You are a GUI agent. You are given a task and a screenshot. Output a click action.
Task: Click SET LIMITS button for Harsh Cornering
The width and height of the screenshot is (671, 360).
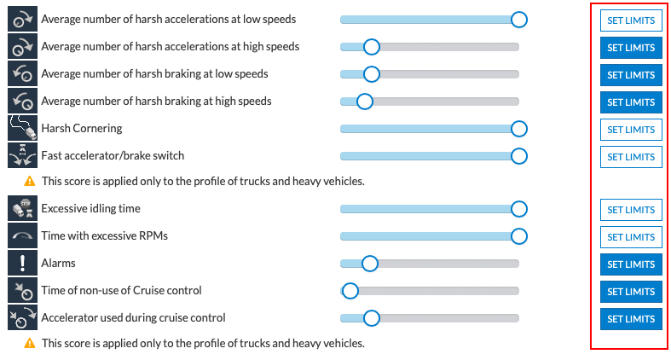click(x=631, y=130)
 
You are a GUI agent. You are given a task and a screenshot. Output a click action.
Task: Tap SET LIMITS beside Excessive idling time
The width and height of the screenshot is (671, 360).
click(x=631, y=209)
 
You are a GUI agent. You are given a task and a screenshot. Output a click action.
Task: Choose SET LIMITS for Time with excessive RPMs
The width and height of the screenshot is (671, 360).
click(x=631, y=236)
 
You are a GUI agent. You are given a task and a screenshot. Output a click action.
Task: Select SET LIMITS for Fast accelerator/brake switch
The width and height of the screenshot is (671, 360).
click(x=631, y=157)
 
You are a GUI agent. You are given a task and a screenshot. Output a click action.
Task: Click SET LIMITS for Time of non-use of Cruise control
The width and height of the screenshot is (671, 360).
click(x=631, y=291)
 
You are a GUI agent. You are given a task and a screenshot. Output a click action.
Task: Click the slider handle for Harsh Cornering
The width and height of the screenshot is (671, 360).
click(x=518, y=129)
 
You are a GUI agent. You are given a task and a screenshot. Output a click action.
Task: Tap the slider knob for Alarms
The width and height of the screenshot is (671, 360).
click(x=369, y=264)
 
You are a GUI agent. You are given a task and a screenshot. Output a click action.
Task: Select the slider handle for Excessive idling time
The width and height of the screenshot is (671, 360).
click(x=518, y=209)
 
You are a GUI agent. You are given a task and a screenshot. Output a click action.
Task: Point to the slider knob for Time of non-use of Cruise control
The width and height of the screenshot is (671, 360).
click(x=350, y=291)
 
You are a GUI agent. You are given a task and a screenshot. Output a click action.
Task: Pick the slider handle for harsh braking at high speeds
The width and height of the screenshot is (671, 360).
click(x=364, y=102)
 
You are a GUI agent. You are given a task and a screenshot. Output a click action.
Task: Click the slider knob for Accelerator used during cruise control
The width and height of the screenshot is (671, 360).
click(x=371, y=318)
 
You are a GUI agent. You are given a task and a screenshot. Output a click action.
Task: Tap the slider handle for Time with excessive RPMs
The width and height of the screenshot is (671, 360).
click(x=518, y=236)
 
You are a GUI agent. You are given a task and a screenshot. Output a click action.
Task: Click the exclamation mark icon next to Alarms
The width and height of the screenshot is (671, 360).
click(x=21, y=264)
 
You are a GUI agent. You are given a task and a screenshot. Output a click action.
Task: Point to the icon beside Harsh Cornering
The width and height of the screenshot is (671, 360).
click(x=21, y=129)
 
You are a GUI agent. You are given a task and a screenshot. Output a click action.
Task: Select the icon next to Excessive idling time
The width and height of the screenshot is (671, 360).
click(x=21, y=209)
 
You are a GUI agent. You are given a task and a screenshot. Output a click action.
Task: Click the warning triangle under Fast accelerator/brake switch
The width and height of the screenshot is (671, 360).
click(x=30, y=181)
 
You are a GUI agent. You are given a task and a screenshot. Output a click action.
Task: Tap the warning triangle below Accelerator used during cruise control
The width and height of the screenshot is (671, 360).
click(x=30, y=343)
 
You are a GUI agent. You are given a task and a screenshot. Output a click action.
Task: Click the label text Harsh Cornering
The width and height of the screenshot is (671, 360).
click(x=81, y=129)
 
